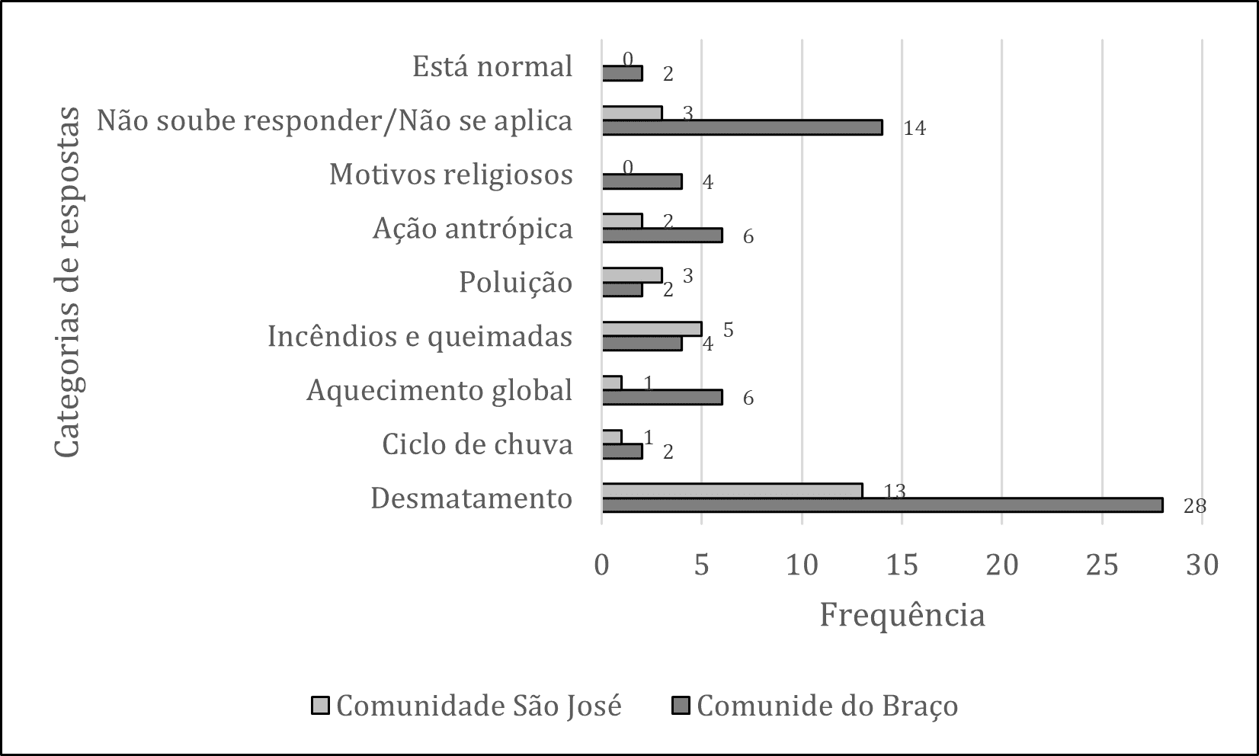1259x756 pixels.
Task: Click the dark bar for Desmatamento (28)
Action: pyautogui.click(x=883, y=505)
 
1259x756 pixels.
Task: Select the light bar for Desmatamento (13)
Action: pyautogui.click(x=732, y=491)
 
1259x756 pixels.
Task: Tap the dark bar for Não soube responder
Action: pyautogui.click(x=742, y=127)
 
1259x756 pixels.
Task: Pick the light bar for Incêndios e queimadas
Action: pyautogui.click(x=652, y=328)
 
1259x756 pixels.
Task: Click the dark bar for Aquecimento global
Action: pyautogui.click(x=662, y=397)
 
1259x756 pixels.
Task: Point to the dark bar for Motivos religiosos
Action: pyautogui.click(x=642, y=181)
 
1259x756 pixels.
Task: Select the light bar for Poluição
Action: pyautogui.click(x=633, y=275)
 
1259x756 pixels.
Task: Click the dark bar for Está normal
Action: pyautogui.click(x=622, y=74)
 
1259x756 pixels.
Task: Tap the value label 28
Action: pyautogui.click(x=1195, y=507)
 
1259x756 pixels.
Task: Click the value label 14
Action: pyautogui.click(x=915, y=129)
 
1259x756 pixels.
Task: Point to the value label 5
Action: pyautogui.click(x=728, y=330)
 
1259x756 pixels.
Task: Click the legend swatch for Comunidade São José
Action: pyautogui.click(x=320, y=706)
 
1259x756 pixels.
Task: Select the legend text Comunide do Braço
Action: pyautogui.click(x=828, y=706)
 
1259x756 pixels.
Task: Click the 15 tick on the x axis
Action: pyautogui.click(x=902, y=565)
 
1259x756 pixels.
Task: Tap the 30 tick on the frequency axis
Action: pyautogui.click(x=1203, y=565)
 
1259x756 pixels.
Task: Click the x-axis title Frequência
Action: pyautogui.click(x=902, y=615)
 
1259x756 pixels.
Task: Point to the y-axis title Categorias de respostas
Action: pyautogui.click(x=68, y=282)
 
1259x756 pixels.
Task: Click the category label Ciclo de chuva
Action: pyautogui.click(x=477, y=444)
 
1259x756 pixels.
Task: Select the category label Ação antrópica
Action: pyautogui.click(x=473, y=229)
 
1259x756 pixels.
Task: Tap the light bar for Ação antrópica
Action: pyautogui.click(x=622, y=221)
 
